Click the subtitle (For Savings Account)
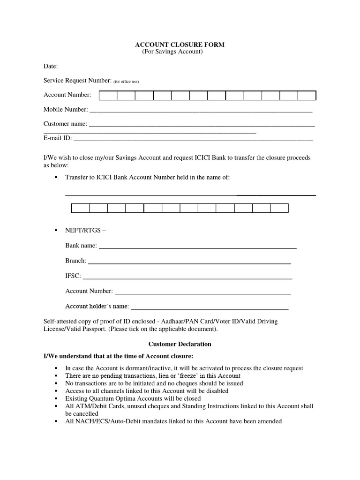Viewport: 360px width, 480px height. pyautogui.click(x=172, y=52)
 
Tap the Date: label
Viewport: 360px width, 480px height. pyautogui.click(x=50, y=67)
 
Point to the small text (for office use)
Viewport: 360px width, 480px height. pyautogui.click(x=126, y=82)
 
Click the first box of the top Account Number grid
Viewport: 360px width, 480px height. pyautogui.click(x=108, y=96)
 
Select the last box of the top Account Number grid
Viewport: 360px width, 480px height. pyautogui.click(x=307, y=96)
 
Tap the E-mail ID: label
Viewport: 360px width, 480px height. pyautogui.click(x=58, y=138)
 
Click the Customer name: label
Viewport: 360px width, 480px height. pyautogui.click(x=65, y=124)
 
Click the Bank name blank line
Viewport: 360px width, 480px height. pyautogui.click(x=197, y=246)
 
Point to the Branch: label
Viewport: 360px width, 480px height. pyautogui.click(x=75, y=261)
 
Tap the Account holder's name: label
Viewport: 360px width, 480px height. pyautogui.click(x=97, y=306)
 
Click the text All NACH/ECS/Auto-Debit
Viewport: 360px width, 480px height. pyautogui.click(x=100, y=421)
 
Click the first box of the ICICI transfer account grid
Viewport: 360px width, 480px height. pyautogui.click(x=80, y=208)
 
